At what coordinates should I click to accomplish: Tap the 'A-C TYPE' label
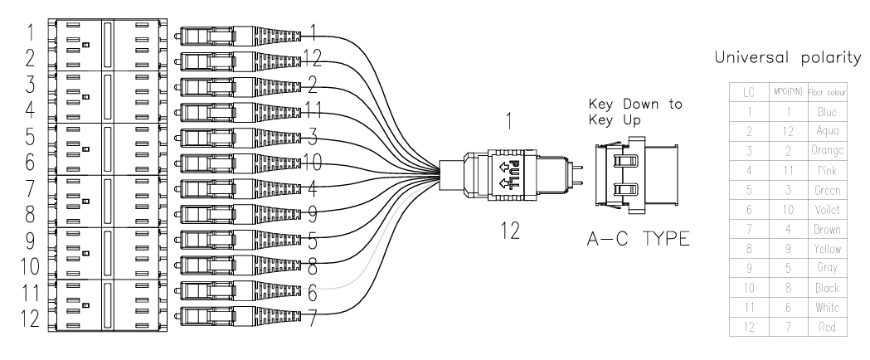(638, 241)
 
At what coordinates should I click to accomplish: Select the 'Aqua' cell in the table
(827, 131)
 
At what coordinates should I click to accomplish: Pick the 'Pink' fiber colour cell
(827, 170)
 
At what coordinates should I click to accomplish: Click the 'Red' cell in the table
(827, 328)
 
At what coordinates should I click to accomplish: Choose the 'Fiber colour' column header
(827, 91)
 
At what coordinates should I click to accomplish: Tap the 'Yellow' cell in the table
(827, 249)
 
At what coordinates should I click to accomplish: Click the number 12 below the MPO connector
(510, 231)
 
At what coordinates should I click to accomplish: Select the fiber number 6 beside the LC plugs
(312, 293)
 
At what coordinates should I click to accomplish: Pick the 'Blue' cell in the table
(827, 111)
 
